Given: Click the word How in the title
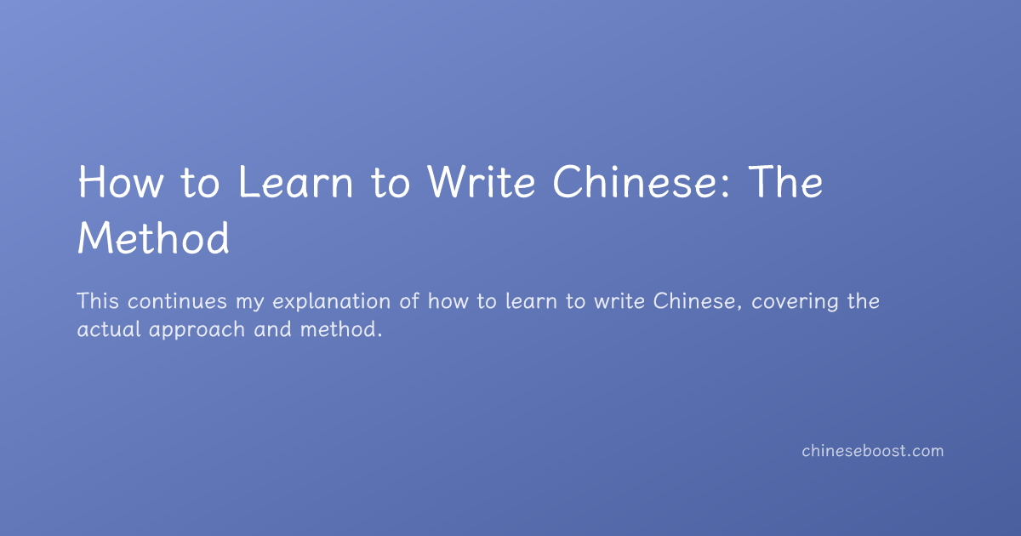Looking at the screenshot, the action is tap(121, 182).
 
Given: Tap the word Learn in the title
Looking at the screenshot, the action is tap(295, 182).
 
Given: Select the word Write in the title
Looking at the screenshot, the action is tap(481, 182).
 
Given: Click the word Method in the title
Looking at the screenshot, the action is tap(154, 237).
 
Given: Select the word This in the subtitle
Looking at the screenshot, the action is tap(98, 301).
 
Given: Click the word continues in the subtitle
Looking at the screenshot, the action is tap(177, 301).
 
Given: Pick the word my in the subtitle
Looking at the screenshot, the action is tap(250, 304).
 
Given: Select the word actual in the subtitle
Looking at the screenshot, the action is tap(109, 329).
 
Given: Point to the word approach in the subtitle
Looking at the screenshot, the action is tap(197, 331).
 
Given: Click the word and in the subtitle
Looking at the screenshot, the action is tap(272, 329).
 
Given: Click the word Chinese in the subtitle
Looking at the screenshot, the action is tap(694, 301).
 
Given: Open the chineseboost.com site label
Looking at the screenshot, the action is tap(873, 451).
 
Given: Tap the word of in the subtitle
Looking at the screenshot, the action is tap(409, 301).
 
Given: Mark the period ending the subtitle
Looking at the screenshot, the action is tap(379, 336).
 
